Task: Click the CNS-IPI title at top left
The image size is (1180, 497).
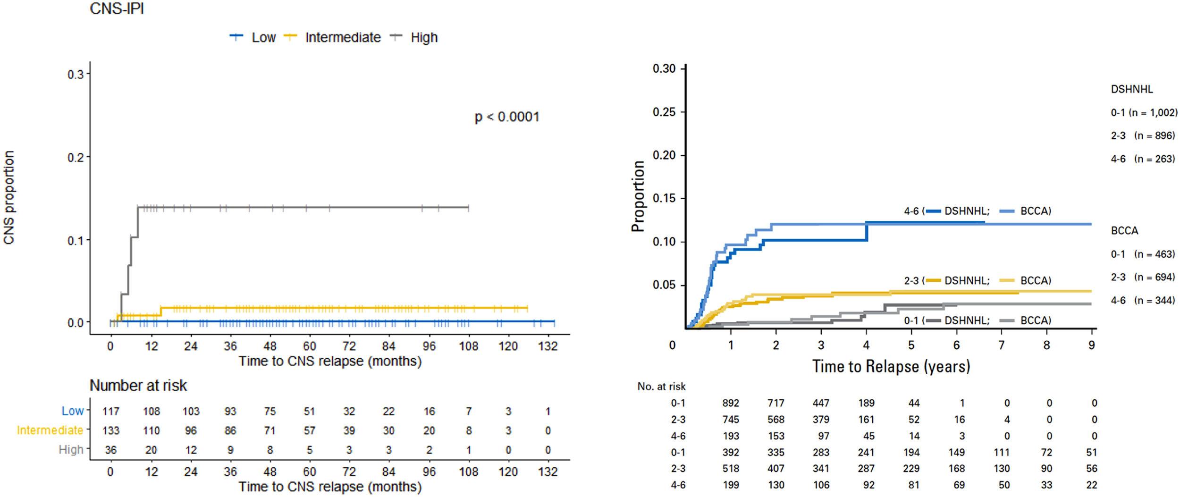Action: pos(117,8)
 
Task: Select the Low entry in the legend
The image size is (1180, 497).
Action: pos(263,38)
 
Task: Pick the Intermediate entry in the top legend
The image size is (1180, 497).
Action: pos(343,38)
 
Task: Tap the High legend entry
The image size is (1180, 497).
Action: pos(424,38)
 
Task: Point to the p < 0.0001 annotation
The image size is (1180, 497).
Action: pos(507,117)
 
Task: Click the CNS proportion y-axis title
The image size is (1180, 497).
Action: pos(9,197)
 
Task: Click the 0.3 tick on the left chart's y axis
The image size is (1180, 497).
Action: pos(76,75)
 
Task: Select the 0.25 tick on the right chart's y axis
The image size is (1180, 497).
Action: pos(664,112)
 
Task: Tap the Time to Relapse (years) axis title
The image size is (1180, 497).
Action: pos(891,366)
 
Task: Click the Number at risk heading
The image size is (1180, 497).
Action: pos(138,386)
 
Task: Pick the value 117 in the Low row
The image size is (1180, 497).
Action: pos(111,412)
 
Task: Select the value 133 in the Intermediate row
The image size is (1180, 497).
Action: pos(111,430)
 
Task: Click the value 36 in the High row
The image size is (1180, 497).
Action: pos(111,450)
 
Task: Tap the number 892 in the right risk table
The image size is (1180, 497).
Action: pos(731,403)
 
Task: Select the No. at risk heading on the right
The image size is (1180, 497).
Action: pos(661,387)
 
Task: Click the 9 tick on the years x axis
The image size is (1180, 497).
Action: pos(1092,345)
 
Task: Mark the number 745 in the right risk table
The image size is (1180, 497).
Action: pos(731,420)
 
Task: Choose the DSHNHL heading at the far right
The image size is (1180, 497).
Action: pos(1132,89)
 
